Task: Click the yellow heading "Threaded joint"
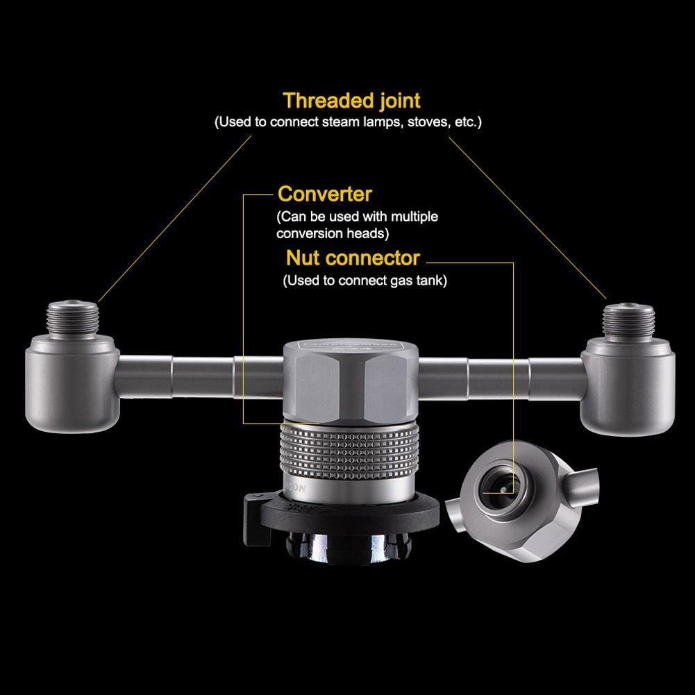[351, 101]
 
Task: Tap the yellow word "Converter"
[324, 194]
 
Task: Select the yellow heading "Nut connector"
[353, 258]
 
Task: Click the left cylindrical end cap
[72, 384]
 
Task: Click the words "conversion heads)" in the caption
[333, 233]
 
